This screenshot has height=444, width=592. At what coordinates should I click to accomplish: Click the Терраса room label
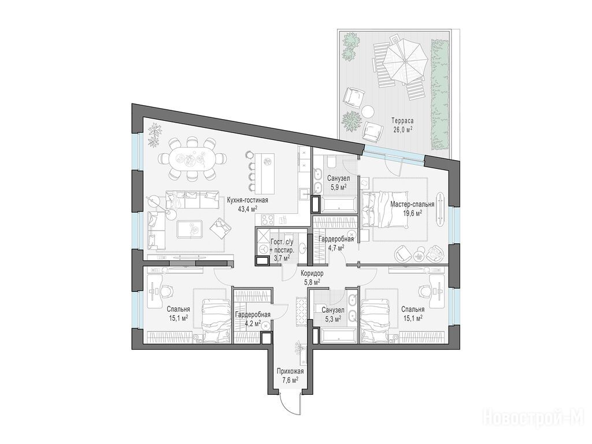(402, 121)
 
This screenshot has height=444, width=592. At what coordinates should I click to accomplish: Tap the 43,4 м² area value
(247, 208)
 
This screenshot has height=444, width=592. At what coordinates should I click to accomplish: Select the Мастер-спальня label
(412, 204)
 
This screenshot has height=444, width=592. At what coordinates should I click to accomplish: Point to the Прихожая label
(290, 372)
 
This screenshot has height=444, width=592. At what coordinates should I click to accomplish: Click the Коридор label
(312, 273)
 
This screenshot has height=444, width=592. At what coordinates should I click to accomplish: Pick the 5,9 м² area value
(338, 186)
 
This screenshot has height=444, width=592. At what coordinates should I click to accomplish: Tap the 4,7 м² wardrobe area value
(336, 247)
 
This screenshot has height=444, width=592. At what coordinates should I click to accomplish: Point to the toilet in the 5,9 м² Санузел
(332, 162)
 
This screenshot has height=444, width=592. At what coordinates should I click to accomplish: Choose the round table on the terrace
(367, 112)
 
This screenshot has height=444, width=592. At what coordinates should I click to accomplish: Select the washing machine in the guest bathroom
(263, 249)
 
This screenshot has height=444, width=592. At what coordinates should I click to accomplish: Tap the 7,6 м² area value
(290, 379)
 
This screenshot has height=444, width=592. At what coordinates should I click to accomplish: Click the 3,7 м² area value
(282, 258)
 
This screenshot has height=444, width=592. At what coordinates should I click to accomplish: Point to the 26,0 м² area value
(402, 129)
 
